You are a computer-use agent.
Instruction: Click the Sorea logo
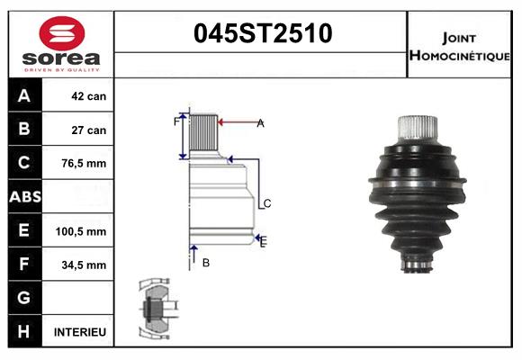(x=60, y=42)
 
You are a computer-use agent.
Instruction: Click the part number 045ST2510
(x=263, y=33)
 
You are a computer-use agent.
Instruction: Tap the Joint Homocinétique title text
(x=460, y=45)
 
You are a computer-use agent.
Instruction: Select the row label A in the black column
(x=23, y=96)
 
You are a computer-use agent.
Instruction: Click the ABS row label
(x=23, y=197)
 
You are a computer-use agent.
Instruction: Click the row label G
(x=23, y=298)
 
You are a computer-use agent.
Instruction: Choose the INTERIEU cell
(x=80, y=332)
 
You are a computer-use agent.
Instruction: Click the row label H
(x=23, y=332)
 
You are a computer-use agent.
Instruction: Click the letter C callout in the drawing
(x=266, y=203)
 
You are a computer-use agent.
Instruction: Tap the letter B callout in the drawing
(x=205, y=263)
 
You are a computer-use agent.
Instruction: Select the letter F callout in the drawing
(x=176, y=120)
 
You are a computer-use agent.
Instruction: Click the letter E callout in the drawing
(x=263, y=240)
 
